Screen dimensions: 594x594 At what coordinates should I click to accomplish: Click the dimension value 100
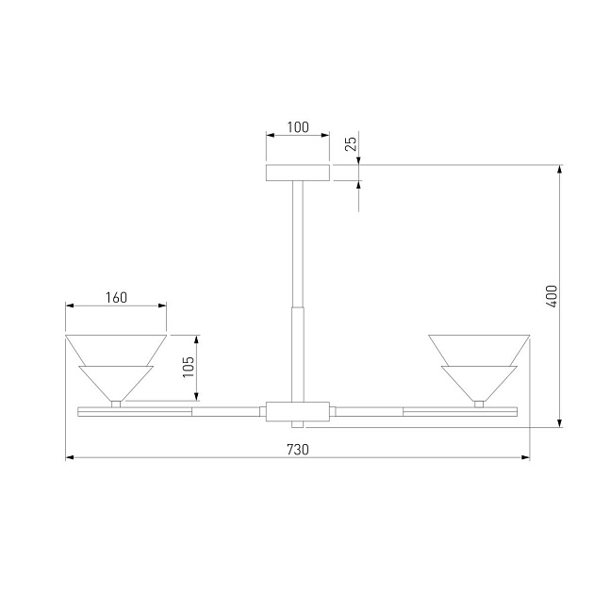tap(298, 127)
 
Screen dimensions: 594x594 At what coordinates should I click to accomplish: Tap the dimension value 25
tap(350, 144)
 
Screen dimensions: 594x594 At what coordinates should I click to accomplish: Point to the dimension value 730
tap(297, 450)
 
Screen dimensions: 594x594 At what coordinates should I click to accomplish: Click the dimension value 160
tap(115, 297)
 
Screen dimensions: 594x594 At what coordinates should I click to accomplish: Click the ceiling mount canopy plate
tap(297, 173)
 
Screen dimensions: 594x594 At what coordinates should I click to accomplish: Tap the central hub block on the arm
tap(297, 411)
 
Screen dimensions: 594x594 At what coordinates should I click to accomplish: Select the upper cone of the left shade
tap(115, 349)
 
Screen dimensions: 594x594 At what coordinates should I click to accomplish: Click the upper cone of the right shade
tap(478, 349)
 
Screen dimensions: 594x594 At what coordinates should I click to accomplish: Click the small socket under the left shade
tap(115, 404)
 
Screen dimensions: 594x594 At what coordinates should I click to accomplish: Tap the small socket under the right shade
tap(478, 404)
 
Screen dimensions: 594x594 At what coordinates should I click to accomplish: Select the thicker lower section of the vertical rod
tap(297, 351)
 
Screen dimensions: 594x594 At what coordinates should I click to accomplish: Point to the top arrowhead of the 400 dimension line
tap(561, 171)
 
